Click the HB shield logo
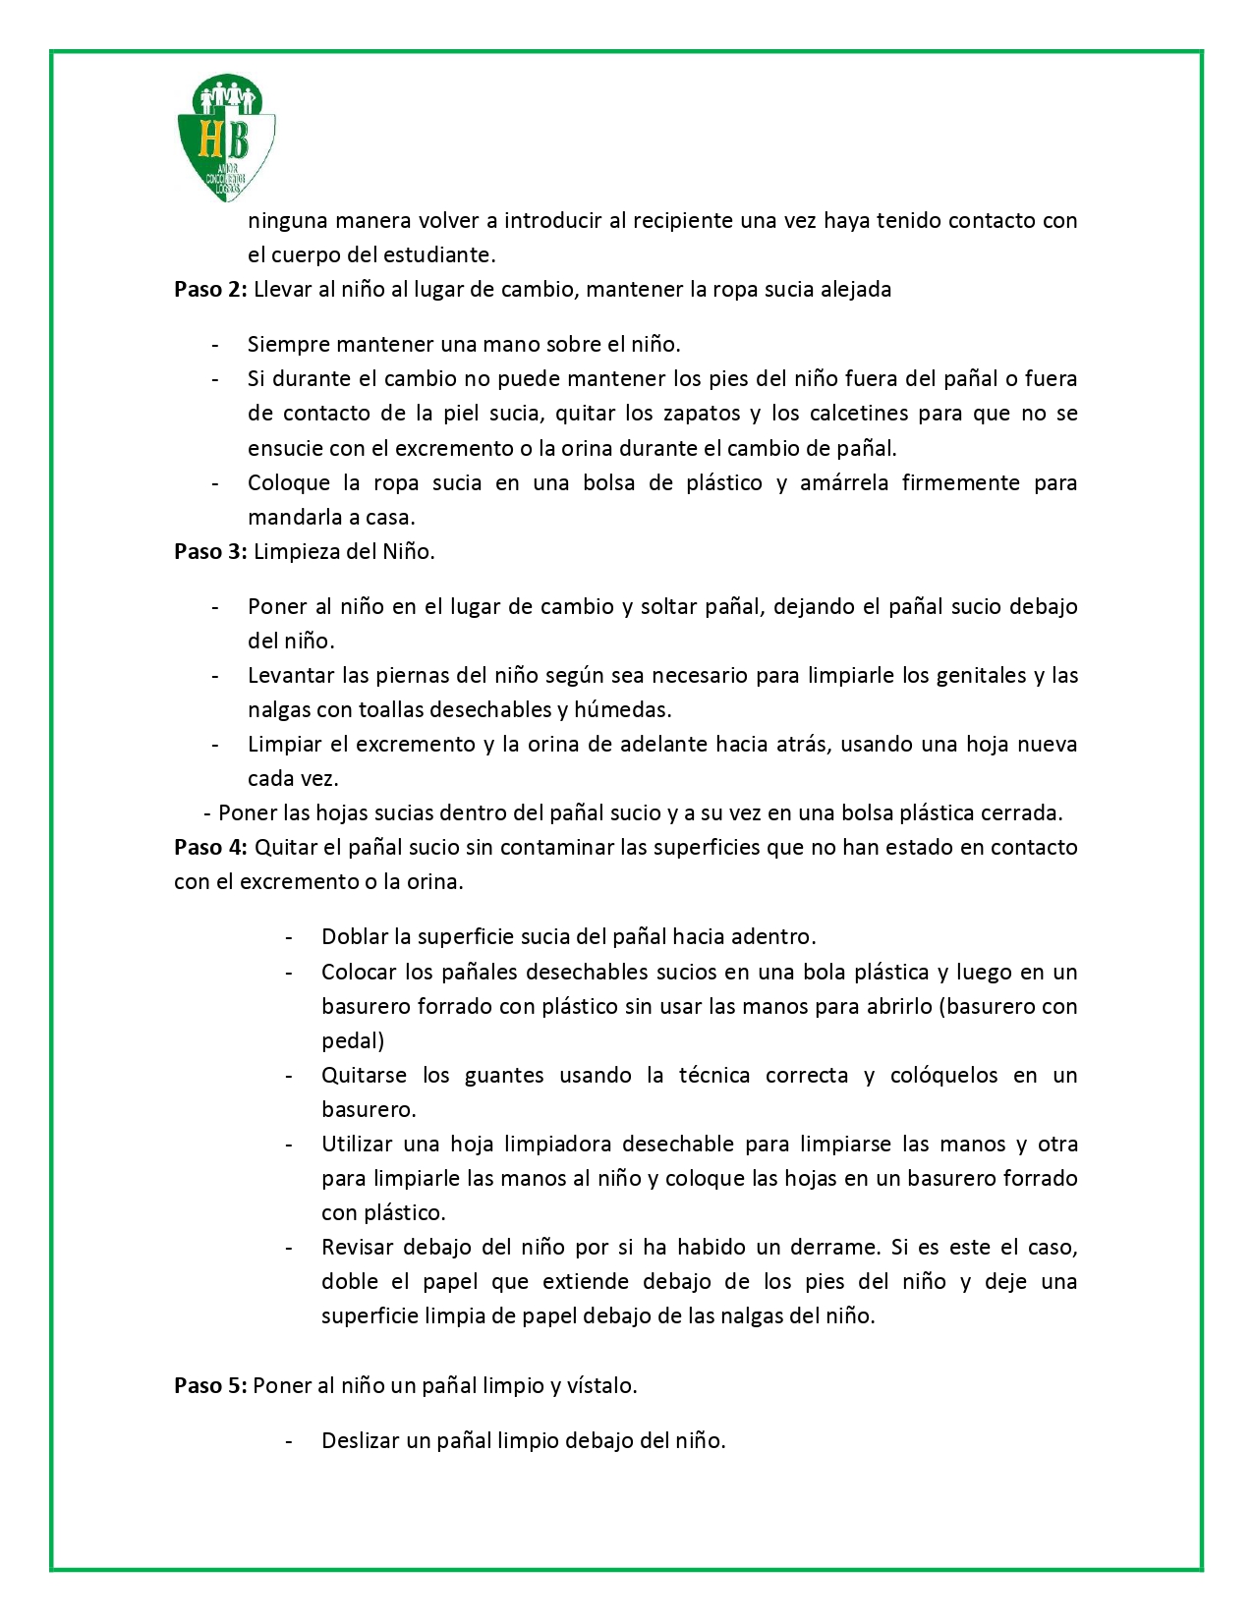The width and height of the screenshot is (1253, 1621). pos(226,138)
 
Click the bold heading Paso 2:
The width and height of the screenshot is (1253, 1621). pos(210,290)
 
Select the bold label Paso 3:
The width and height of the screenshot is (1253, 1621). pos(210,552)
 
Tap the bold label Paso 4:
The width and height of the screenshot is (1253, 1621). pos(210,848)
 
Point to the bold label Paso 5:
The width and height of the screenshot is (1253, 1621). pos(210,1386)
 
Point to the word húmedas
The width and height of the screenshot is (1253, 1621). pos(623,710)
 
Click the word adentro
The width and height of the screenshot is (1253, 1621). pos(771,937)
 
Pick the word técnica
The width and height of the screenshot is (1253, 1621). pos(714,1076)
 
